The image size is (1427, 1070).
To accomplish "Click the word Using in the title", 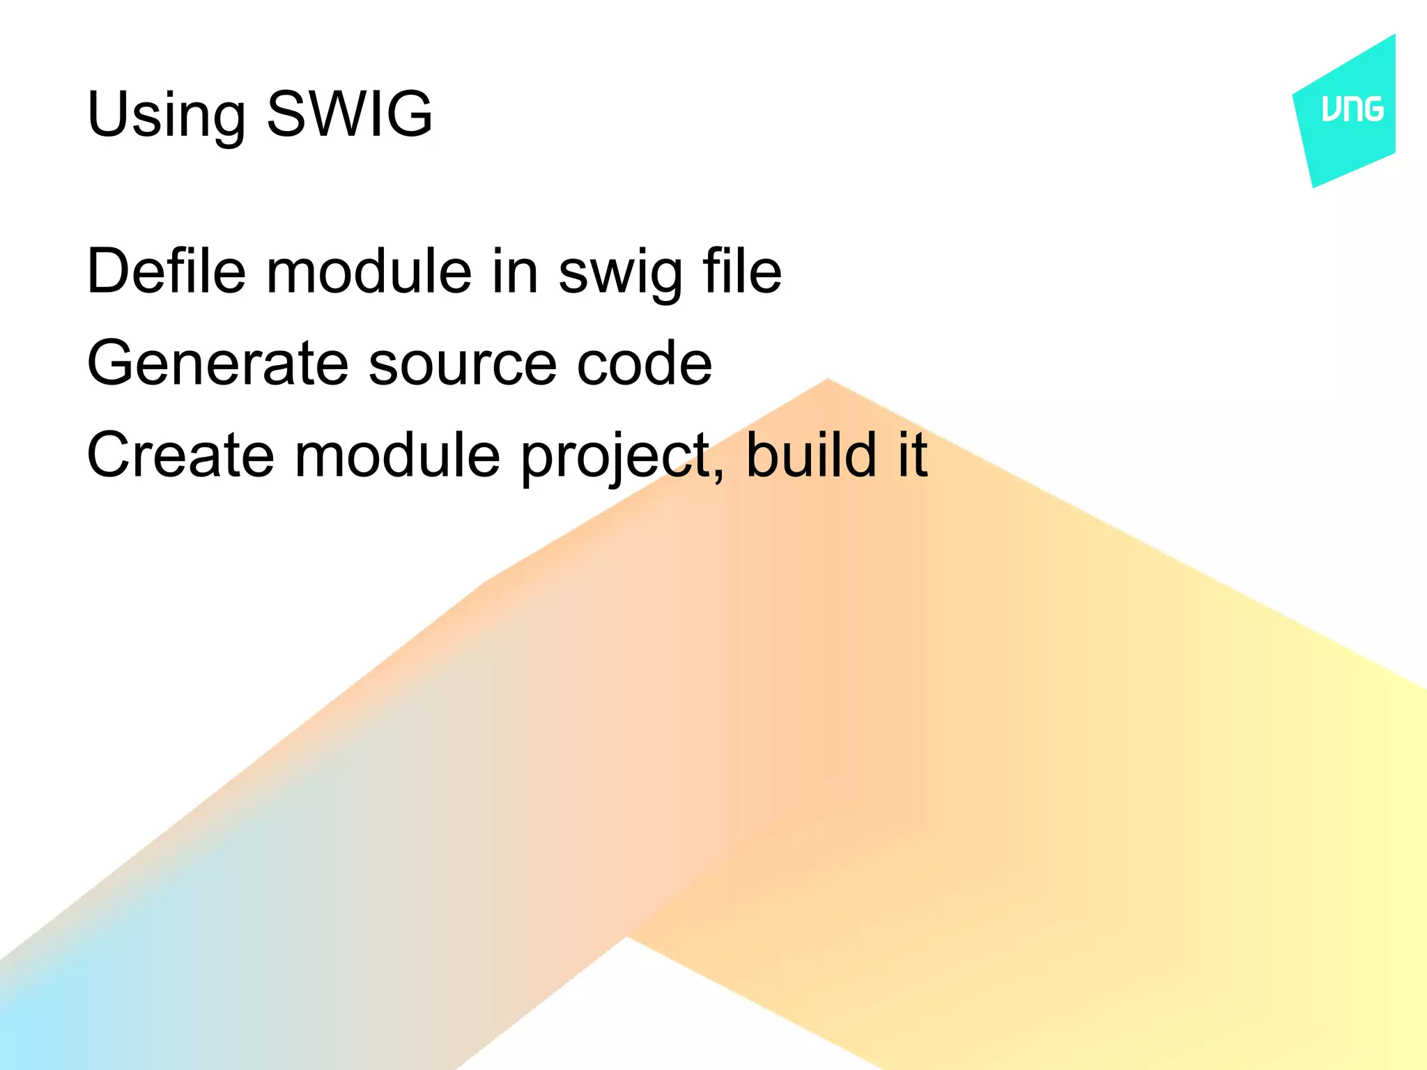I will pos(166,115).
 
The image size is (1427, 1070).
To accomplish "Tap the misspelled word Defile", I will pos(166,271).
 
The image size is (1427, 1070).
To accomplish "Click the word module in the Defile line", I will pos(369,271).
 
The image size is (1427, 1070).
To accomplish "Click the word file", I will pos(742,271).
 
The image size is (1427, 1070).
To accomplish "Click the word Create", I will pos(180,455).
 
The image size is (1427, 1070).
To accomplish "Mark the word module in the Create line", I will pos(398,455).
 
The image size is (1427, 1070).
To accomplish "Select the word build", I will pos(811,455).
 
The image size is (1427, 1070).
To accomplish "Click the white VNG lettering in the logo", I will pos(1352,109).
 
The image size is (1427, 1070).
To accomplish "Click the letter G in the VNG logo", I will pos(1372,109).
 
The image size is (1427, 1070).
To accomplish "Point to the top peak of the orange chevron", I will pos(828,380).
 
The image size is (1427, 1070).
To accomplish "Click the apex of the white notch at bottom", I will pos(626,938).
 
